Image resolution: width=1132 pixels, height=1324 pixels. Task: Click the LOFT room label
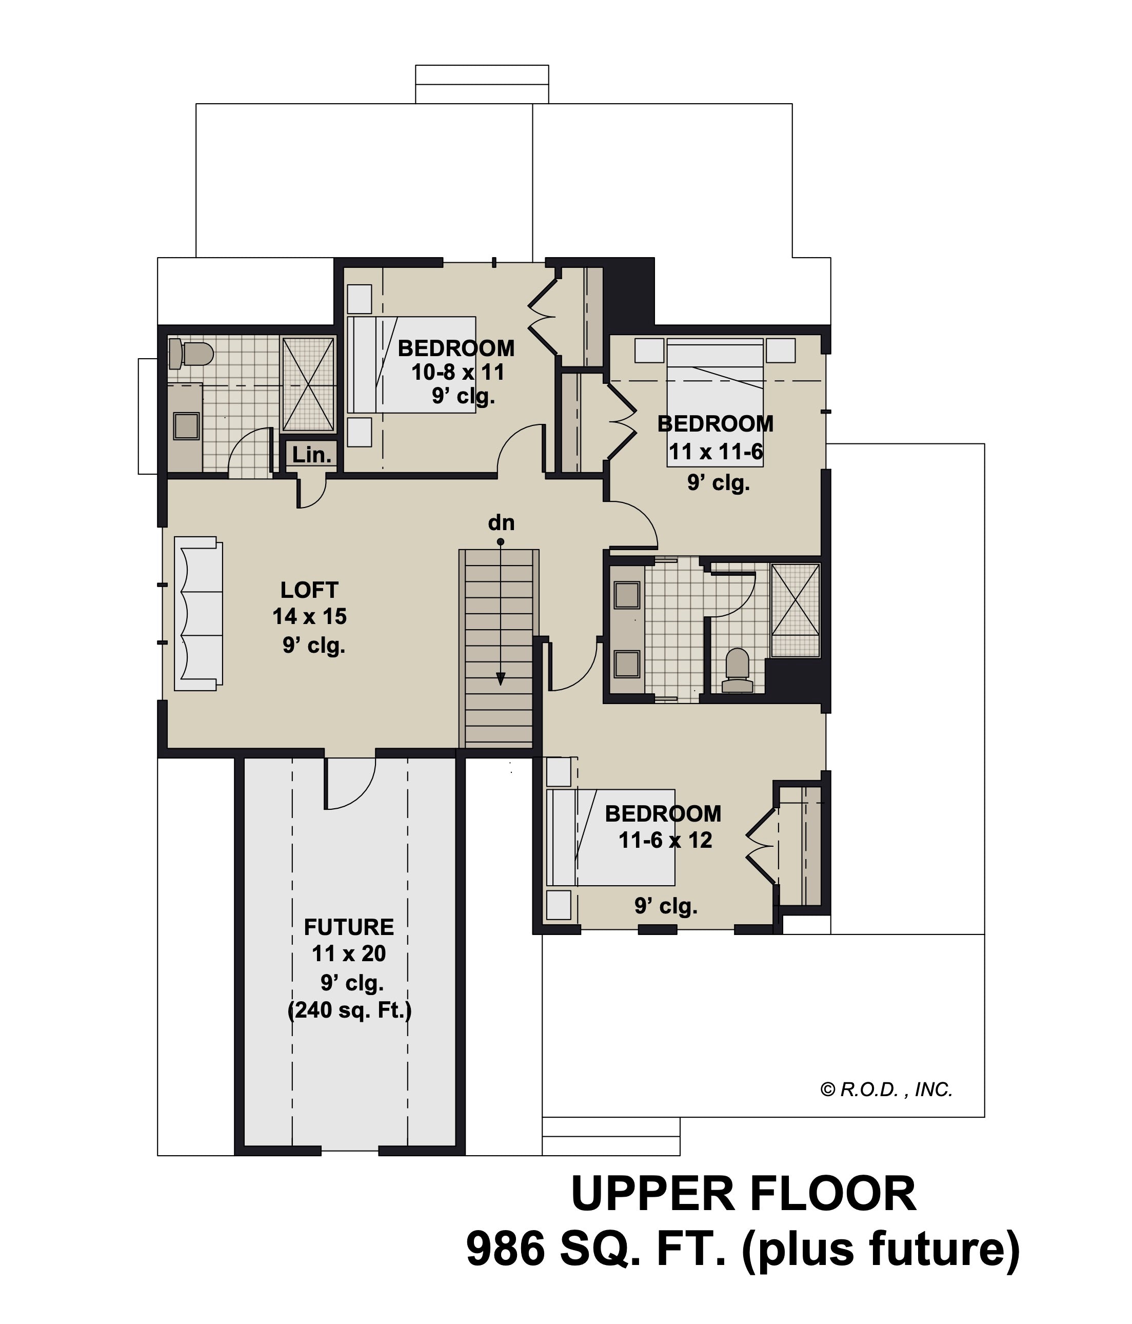pyautogui.click(x=309, y=589)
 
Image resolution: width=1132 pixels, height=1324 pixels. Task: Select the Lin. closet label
pyautogui.click(x=312, y=455)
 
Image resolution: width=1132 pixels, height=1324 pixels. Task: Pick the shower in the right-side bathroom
pyautogui.click(x=795, y=610)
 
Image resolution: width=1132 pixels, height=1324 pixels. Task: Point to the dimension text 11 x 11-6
pyautogui.click(x=716, y=452)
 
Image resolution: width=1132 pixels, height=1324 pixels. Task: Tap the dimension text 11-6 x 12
pyautogui.click(x=665, y=840)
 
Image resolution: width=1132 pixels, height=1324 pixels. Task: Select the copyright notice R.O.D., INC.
pyautogui.click(x=887, y=1089)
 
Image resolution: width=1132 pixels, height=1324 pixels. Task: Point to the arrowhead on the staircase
pyautogui.click(x=501, y=678)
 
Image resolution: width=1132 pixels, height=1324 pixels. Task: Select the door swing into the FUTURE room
pyautogui.click(x=350, y=784)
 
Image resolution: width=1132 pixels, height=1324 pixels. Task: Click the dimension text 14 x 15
pyautogui.click(x=310, y=617)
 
